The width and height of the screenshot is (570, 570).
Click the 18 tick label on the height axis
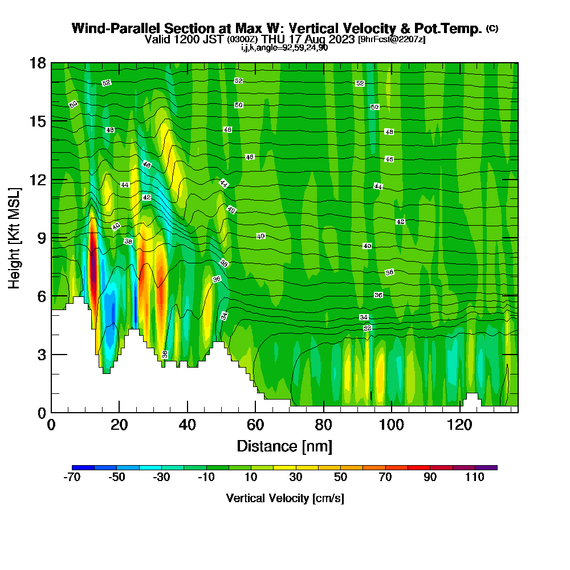[x=37, y=63]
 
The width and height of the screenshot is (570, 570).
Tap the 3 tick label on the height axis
[x=40, y=355]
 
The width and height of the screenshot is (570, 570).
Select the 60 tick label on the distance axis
[x=255, y=425]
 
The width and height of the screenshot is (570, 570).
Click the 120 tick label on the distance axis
[x=459, y=425]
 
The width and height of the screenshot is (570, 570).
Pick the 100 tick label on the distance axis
[x=392, y=425]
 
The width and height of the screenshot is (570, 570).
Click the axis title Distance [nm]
[x=284, y=446]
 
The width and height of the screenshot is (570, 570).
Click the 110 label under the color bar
[x=475, y=478]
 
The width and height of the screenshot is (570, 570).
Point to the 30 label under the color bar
[x=296, y=478]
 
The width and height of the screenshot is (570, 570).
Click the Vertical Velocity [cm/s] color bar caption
[x=285, y=498]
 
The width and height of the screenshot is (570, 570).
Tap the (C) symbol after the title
[x=492, y=28]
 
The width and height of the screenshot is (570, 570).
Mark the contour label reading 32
[x=368, y=328]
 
